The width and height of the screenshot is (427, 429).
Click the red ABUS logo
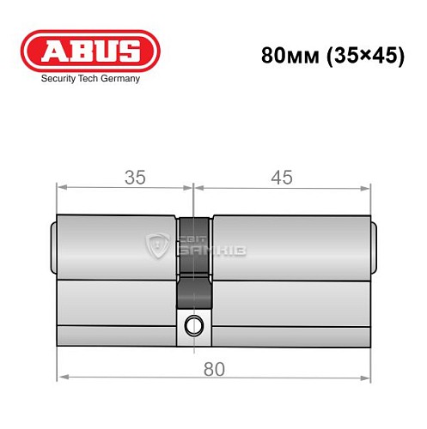coord(89,49)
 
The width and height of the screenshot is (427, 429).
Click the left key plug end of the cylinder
coord(53,249)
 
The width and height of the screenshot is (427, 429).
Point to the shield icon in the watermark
coord(158,246)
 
